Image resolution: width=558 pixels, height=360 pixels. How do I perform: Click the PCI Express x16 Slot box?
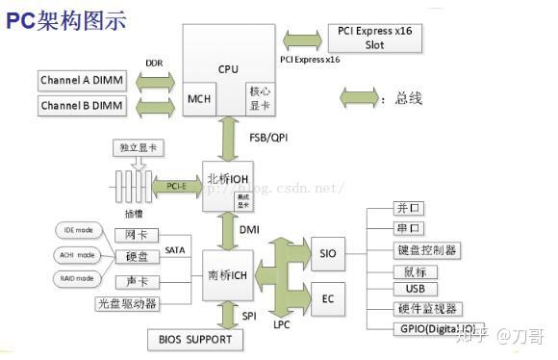point(374,38)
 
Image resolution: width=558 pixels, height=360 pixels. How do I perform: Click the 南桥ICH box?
point(230,275)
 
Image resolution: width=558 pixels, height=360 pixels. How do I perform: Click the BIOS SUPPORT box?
point(195,339)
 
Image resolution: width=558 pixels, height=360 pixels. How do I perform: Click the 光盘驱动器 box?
point(127,303)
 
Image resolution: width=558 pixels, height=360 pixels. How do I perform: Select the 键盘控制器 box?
point(426,250)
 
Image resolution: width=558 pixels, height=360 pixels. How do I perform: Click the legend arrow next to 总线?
point(361,98)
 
